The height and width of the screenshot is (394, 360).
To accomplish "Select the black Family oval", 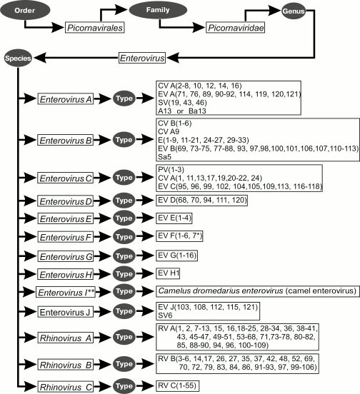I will click(x=154, y=11).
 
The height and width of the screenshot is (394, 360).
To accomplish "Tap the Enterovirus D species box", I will click(x=66, y=200).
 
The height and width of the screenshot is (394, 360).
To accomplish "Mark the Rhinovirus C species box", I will click(x=65, y=385).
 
